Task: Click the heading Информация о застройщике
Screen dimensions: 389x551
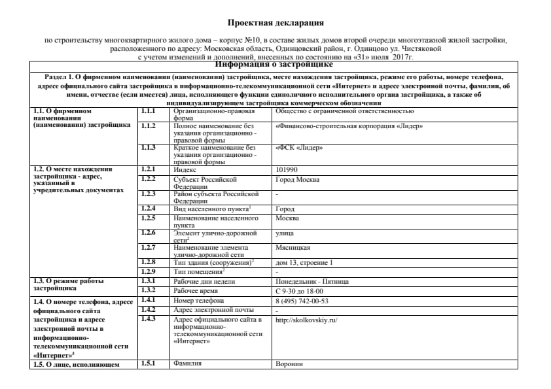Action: tap(275, 65)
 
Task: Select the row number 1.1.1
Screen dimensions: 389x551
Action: tap(149, 111)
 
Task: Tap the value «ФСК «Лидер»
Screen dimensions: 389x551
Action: tap(299, 148)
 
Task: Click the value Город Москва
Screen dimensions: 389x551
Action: tap(294, 179)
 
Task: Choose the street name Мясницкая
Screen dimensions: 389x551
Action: tap(293, 248)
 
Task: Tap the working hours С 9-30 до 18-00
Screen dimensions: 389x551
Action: tap(300, 291)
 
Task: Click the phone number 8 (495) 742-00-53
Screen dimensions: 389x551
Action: tap(302, 301)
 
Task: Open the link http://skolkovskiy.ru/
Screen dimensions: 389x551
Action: tap(306, 320)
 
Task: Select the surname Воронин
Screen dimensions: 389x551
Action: tap(289, 364)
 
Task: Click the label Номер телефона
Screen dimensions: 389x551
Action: tap(194, 301)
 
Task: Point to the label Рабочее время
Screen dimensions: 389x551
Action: tap(196, 291)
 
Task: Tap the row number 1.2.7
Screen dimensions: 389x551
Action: tap(149, 248)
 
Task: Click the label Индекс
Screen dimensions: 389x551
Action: tap(185, 169)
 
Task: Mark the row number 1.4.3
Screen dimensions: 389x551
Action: tap(149, 319)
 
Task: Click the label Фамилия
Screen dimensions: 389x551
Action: tap(187, 364)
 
